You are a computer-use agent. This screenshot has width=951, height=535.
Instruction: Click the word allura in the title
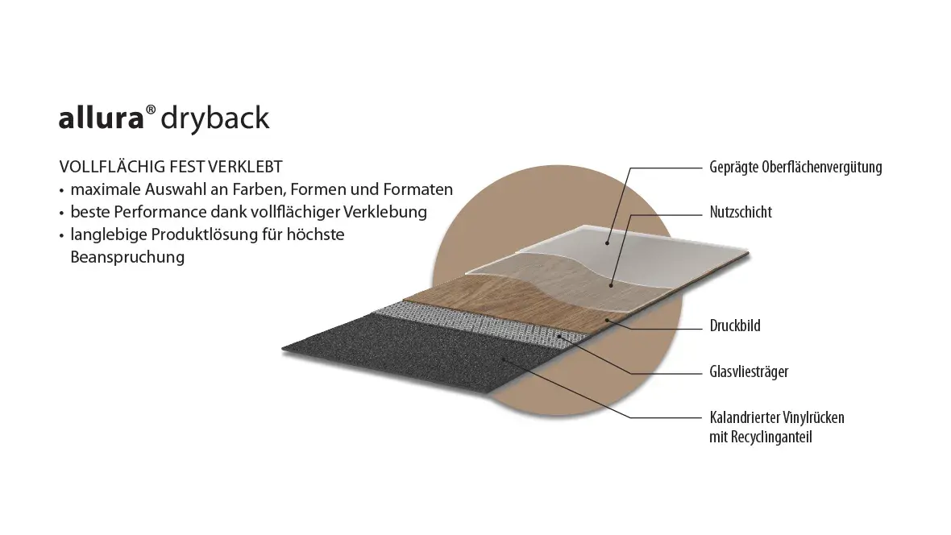pyautogui.click(x=101, y=118)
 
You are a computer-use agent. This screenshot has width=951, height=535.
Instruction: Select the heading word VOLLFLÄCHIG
pyautogui.click(x=108, y=167)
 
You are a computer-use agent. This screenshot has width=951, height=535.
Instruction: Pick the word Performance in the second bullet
pyautogui.click(x=147, y=213)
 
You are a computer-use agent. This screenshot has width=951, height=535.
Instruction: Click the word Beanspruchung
pyautogui.click(x=127, y=258)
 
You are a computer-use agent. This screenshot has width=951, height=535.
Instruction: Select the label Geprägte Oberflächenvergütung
pyautogui.click(x=795, y=168)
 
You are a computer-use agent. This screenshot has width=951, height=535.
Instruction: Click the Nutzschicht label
pyautogui.click(x=741, y=213)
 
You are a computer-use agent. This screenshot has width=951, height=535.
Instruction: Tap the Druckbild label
pyautogui.click(x=735, y=326)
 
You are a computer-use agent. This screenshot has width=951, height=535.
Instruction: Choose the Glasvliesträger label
pyautogui.click(x=749, y=372)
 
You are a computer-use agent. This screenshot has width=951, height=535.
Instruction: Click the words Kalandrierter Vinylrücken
pyautogui.click(x=777, y=417)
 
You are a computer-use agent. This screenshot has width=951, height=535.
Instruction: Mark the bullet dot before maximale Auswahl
pyautogui.click(x=61, y=191)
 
